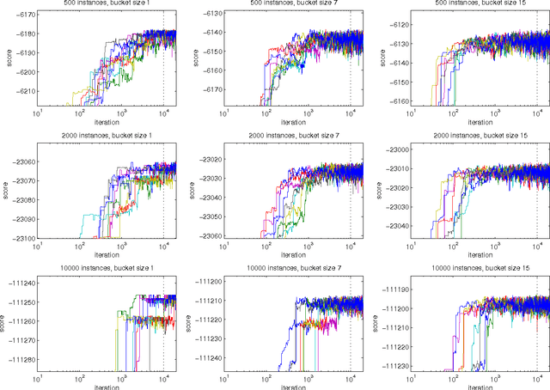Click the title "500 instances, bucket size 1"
[106, 4]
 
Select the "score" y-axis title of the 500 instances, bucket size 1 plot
[6, 61]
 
